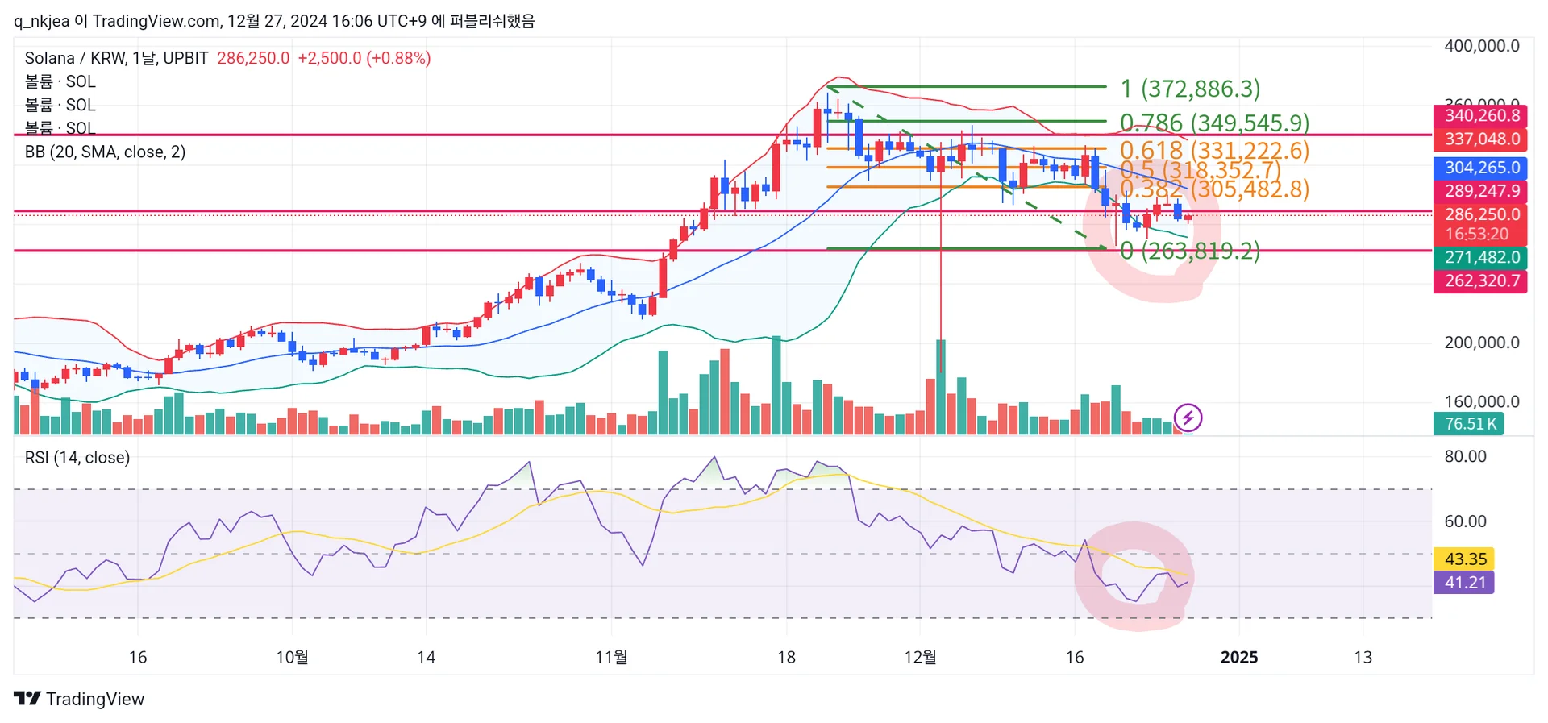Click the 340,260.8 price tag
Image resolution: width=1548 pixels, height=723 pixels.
[x=1480, y=115]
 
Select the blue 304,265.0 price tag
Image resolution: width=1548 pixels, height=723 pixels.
[x=1480, y=168]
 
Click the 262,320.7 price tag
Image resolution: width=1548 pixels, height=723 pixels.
[x=1480, y=280]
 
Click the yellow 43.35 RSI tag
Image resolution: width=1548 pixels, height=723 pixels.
[x=1464, y=559]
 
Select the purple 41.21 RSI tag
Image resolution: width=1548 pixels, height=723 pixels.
[x=1464, y=582]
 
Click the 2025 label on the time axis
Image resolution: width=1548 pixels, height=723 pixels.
[x=1238, y=657]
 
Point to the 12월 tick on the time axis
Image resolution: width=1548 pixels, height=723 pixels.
[x=920, y=657]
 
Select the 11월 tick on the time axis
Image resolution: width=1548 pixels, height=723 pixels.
[x=611, y=657]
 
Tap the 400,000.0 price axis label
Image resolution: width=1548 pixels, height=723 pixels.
[x=1481, y=46]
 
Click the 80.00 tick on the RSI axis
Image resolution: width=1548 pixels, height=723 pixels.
[x=1465, y=456]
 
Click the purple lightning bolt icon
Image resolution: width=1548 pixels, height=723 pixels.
[x=1188, y=418]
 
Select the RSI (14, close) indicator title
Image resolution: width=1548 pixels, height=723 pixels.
[x=77, y=458]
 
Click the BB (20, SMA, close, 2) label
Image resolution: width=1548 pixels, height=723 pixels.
[x=105, y=152]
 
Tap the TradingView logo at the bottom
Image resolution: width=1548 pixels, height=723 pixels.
[x=79, y=699]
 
